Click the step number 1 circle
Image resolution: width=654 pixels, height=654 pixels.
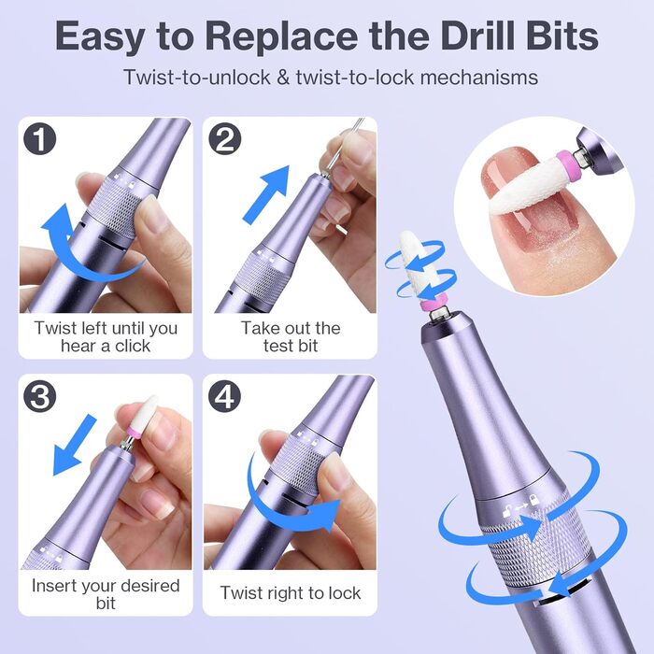[x=40, y=139]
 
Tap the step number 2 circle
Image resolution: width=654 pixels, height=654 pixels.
[x=225, y=139]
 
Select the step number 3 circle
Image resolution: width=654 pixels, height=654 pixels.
[x=40, y=396]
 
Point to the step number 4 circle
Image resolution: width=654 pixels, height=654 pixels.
[x=225, y=396]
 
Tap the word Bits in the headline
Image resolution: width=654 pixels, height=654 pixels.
[x=562, y=36]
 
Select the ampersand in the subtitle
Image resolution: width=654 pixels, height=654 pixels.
[x=283, y=78]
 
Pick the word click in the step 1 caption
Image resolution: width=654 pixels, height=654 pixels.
[x=133, y=346]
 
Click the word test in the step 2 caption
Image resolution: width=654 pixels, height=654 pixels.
[x=279, y=346]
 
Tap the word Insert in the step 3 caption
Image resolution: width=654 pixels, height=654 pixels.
[x=54, y=586]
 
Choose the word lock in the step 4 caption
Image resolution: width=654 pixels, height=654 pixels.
[x=344, y=593]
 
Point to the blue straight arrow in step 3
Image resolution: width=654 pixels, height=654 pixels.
[x=74, y=445]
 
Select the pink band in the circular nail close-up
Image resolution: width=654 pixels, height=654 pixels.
[x=567, y=163]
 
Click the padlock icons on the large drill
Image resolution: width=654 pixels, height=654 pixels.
[x=521, y=505]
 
